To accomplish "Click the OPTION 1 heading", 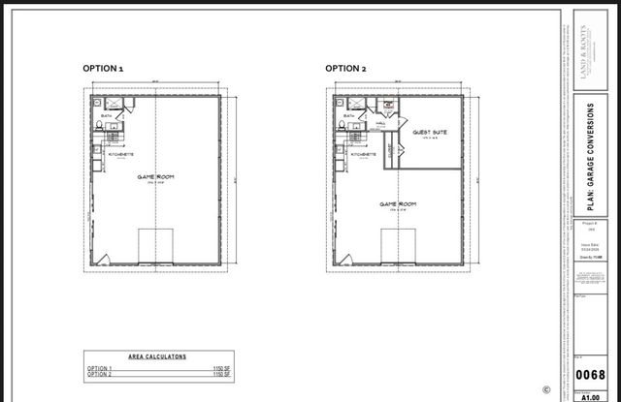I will pos(103,69).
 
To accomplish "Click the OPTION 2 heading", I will pos(345,69).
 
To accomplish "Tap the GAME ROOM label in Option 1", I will pos(155,177).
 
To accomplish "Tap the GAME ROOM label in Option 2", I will pos(398,204).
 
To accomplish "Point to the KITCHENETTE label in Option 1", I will pos(120,154).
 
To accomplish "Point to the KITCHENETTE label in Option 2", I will pos(364,154).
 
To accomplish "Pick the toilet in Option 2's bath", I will pos(342,125).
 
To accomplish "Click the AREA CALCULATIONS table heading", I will pos(156,356).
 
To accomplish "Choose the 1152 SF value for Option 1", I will pos(220,368).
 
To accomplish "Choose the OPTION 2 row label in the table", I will pos(100,374).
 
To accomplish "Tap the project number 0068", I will pos(590,376).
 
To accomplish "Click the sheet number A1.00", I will pos(590,396).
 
